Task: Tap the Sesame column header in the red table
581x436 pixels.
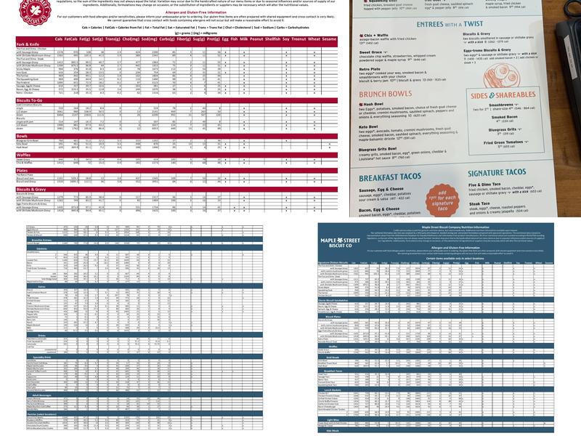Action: [x=329, y=39]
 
